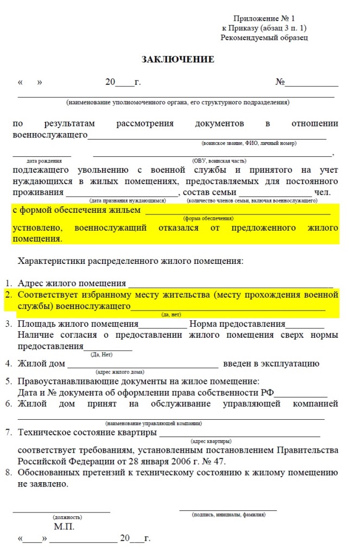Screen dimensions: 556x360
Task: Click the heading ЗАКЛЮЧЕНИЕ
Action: coord(178,59)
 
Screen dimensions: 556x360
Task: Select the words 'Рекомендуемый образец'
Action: coord(264,37)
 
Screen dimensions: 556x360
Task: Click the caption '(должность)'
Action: coord(67,517)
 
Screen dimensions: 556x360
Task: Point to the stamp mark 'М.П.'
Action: coord(64,527)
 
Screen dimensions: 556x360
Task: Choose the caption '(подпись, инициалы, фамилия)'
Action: coord(228,514)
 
